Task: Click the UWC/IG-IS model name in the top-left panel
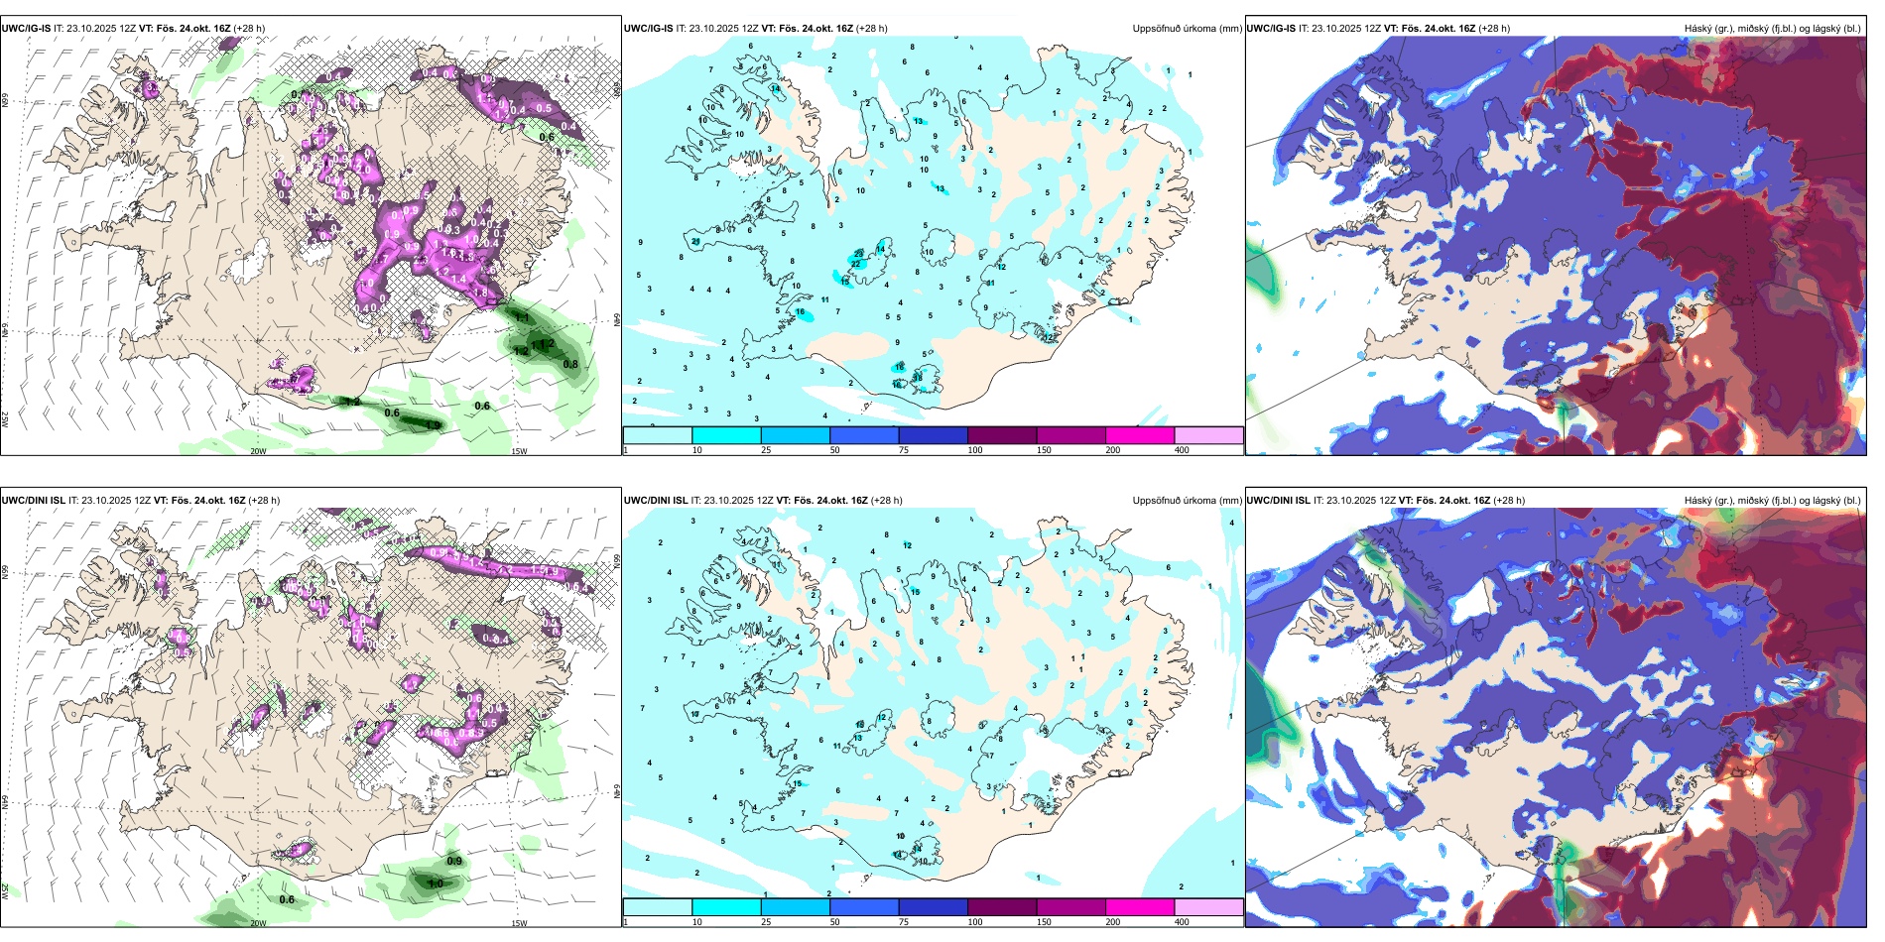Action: [26, 29]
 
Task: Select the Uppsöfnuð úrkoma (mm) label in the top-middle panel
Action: [1187, 29]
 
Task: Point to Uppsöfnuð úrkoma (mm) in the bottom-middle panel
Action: [1187, 501]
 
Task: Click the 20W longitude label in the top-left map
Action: [258, 451]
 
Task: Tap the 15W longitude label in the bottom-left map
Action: [519, 923]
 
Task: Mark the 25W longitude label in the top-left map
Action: [5, 419]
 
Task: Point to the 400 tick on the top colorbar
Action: [1182, 450]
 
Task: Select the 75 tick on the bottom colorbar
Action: [905, 922]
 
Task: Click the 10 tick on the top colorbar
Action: [697, 450]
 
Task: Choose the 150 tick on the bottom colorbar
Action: [1044, 922]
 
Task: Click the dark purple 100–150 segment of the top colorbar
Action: [1002, 435]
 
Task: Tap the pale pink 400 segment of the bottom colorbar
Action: [1208, 907]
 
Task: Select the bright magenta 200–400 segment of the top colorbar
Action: [1140, 435]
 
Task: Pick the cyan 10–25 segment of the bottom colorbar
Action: [726, 907]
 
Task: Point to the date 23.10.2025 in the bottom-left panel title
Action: [107, 501]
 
